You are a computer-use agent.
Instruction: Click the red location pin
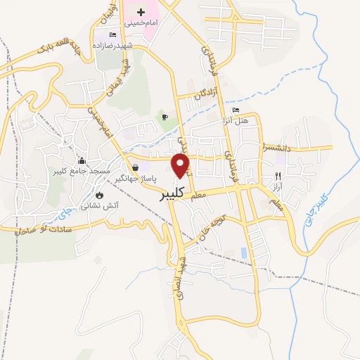click(181, 165)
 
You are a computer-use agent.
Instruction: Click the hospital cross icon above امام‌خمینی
click(141, 12)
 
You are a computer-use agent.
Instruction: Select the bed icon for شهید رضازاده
click(112, 35)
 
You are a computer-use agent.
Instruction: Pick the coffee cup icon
click(165, 117)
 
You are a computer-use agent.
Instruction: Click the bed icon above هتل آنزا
click(236, 111)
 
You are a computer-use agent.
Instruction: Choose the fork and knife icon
click(278, 176)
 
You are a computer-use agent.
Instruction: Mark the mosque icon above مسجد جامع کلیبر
click(82, 161)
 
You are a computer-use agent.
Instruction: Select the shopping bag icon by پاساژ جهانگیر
click(134, 167)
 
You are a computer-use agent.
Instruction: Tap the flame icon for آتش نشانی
click(99, 195)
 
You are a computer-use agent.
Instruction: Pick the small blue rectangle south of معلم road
click(244, 252)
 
